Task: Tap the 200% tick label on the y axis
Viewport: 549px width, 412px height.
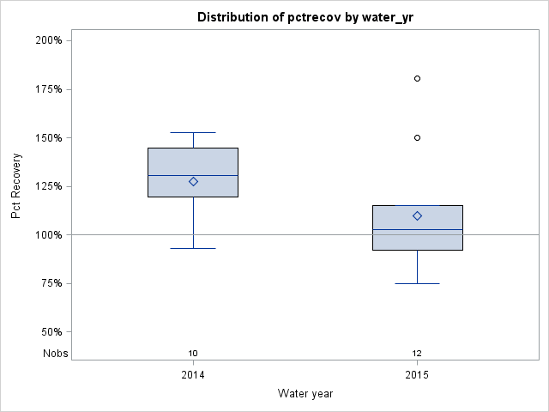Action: coord(53,40)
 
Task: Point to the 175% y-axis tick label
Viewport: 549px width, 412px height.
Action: coord(53,89)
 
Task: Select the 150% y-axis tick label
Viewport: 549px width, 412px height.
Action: coord(53,137)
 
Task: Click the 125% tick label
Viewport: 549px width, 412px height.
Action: coord(53,186)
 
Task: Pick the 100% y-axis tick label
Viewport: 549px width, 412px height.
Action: coord(53,235)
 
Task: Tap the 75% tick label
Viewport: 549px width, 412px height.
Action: coord(56,283)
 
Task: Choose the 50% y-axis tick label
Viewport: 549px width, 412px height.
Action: coord(56,332)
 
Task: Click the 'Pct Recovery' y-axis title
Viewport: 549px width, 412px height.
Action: coord(17,186)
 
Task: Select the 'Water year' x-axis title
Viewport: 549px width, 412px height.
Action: coord(305,393)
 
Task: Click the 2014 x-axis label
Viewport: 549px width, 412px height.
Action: coord(193,375)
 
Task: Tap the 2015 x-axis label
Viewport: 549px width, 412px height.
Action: coord(417,375)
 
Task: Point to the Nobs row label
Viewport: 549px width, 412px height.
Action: coord(55,353)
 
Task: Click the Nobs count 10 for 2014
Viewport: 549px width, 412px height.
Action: coord(193,353)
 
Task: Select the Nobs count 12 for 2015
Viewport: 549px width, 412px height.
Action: coord(417,353)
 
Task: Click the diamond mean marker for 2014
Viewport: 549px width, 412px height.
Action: coord(193,181)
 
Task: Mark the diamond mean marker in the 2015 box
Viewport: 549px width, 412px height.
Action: coord(417,215)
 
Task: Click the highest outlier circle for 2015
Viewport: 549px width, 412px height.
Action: coord(417,78)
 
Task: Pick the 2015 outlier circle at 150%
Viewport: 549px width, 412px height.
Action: coord(417,137)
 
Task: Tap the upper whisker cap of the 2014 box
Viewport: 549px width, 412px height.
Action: coord(193,132)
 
